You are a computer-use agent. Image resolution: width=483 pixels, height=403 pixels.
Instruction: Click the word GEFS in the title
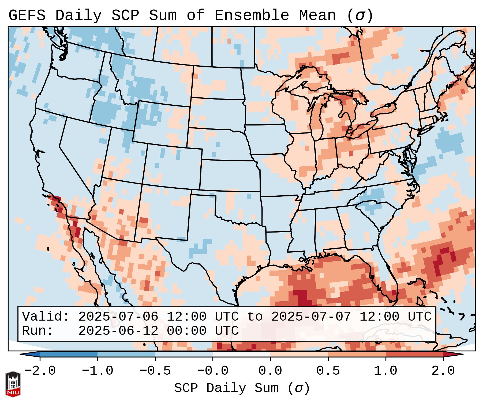tap(27, 16)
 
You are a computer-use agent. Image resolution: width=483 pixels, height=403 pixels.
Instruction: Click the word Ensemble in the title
tap(252, 16)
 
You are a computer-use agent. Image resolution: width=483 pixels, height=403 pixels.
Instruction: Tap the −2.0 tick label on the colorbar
tap(40, 371)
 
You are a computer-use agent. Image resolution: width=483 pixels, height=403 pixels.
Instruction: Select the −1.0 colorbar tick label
tap(98, 371)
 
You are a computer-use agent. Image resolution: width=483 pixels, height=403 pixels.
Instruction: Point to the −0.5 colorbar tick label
tap(155, 371)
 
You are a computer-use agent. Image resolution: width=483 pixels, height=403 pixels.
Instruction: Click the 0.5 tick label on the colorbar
tap(328, 371)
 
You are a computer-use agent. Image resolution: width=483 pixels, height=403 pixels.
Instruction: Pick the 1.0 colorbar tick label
tap(386, 371)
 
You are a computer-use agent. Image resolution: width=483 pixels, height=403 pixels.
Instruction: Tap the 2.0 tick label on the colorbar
tap(443, 371)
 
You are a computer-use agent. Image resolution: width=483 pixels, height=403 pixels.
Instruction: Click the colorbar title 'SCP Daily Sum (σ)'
tap(242, 388)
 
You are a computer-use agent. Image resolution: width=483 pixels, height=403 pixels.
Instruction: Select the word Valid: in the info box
tap(46, 317)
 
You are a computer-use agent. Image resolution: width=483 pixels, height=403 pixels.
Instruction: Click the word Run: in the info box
tap(38, 331)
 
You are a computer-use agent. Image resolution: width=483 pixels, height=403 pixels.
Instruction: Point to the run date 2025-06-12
tap(118, 331)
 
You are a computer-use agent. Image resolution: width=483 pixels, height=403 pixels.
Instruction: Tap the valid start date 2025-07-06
tap(118, 317)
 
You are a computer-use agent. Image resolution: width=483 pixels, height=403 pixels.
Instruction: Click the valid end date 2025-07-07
tap(311, 317)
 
